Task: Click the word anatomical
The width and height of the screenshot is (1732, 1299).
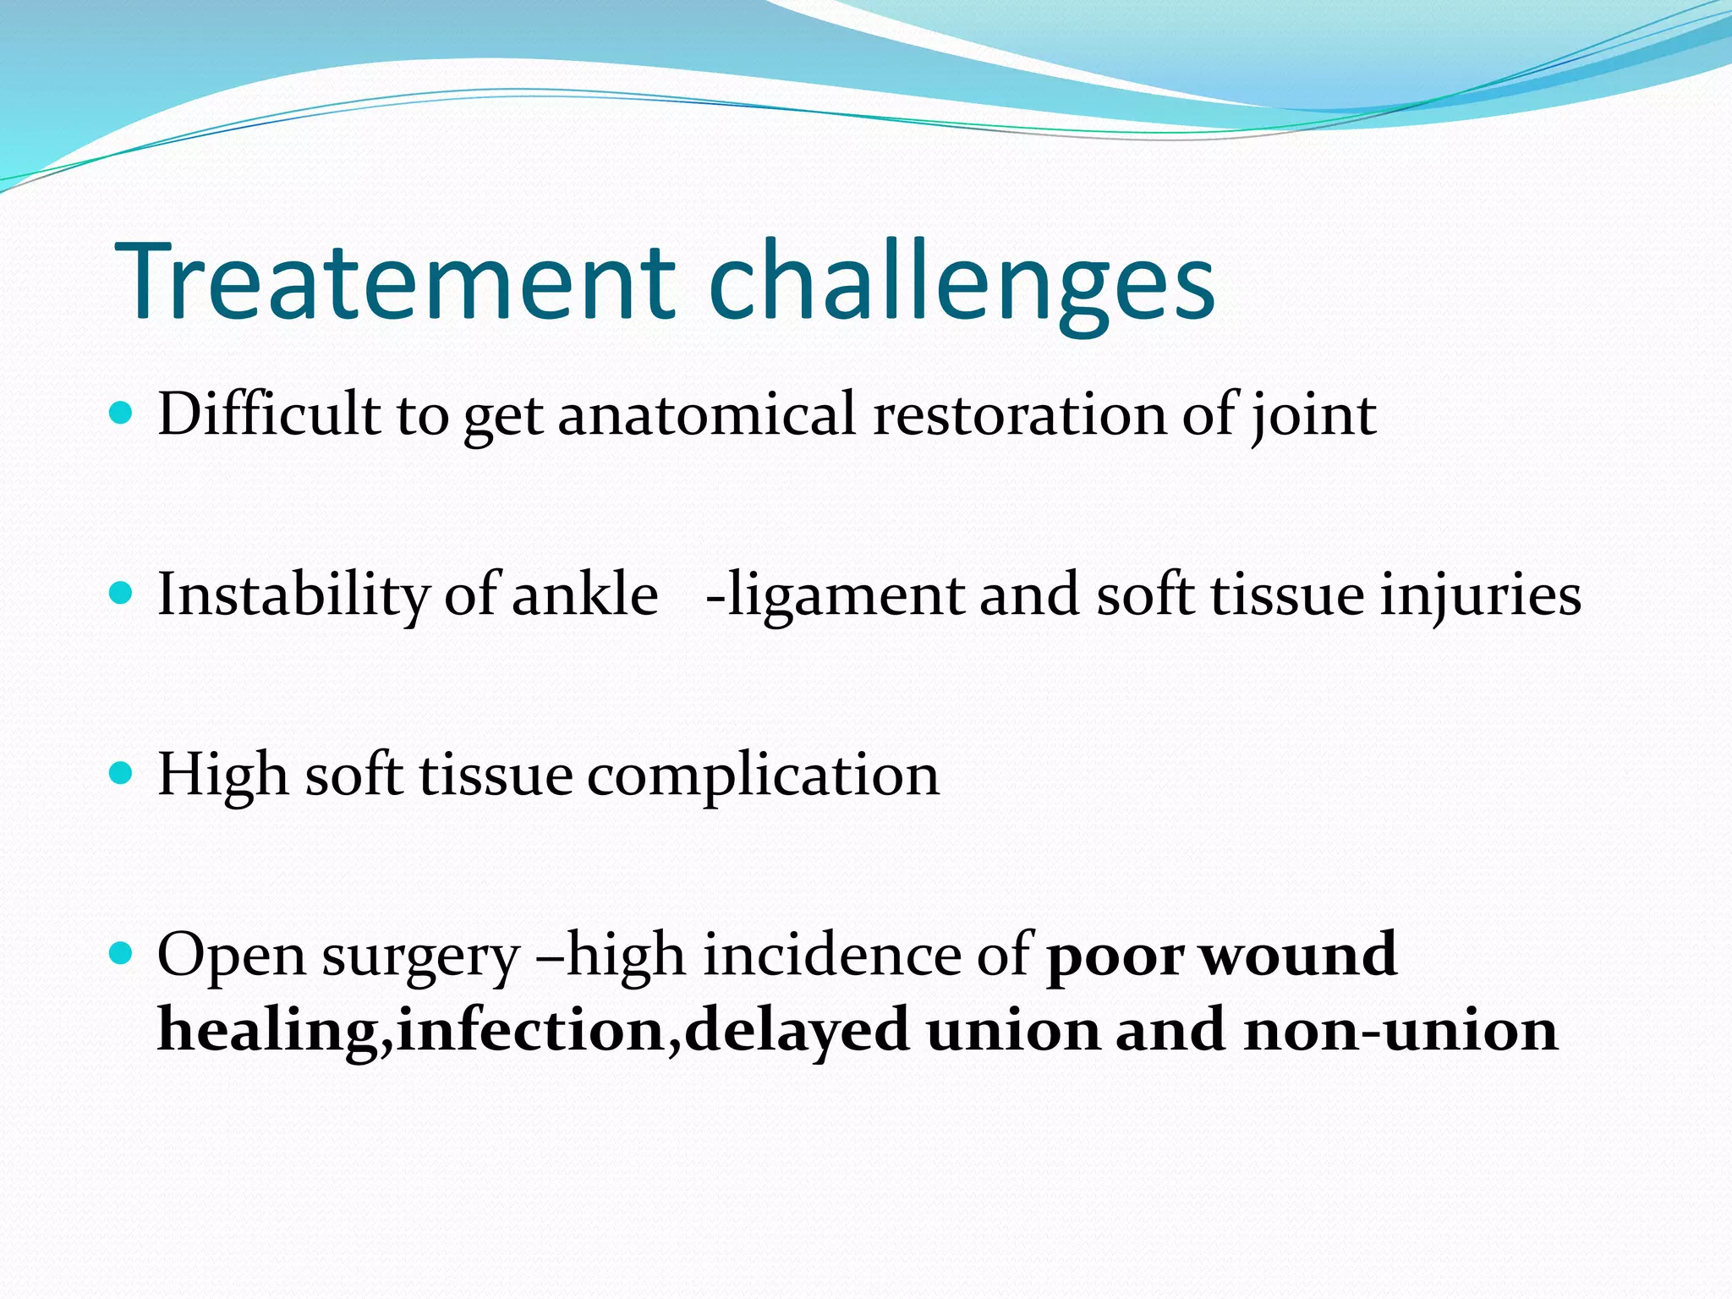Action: coord(706,414)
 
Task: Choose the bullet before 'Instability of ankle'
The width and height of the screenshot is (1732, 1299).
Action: coord(122,593)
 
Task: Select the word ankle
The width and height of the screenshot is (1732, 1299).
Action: coord(585,594)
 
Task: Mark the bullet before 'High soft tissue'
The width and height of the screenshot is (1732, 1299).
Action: coord(122,773)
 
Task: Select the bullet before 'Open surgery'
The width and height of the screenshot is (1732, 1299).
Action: coord(122,954)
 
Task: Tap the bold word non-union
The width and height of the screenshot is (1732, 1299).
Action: coord(1400,1030)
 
